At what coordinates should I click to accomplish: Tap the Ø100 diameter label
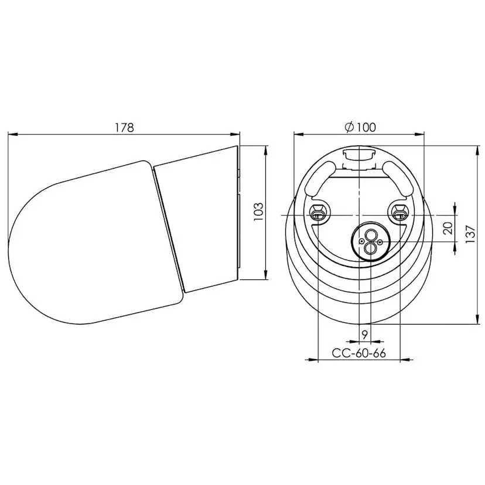click(359, 127)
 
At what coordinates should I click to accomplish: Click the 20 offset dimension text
click(448, 228)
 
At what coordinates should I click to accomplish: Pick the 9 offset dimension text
click(364, 334)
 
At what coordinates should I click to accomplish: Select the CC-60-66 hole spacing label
click(358, 353)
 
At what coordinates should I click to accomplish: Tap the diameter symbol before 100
click(347, 127)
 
